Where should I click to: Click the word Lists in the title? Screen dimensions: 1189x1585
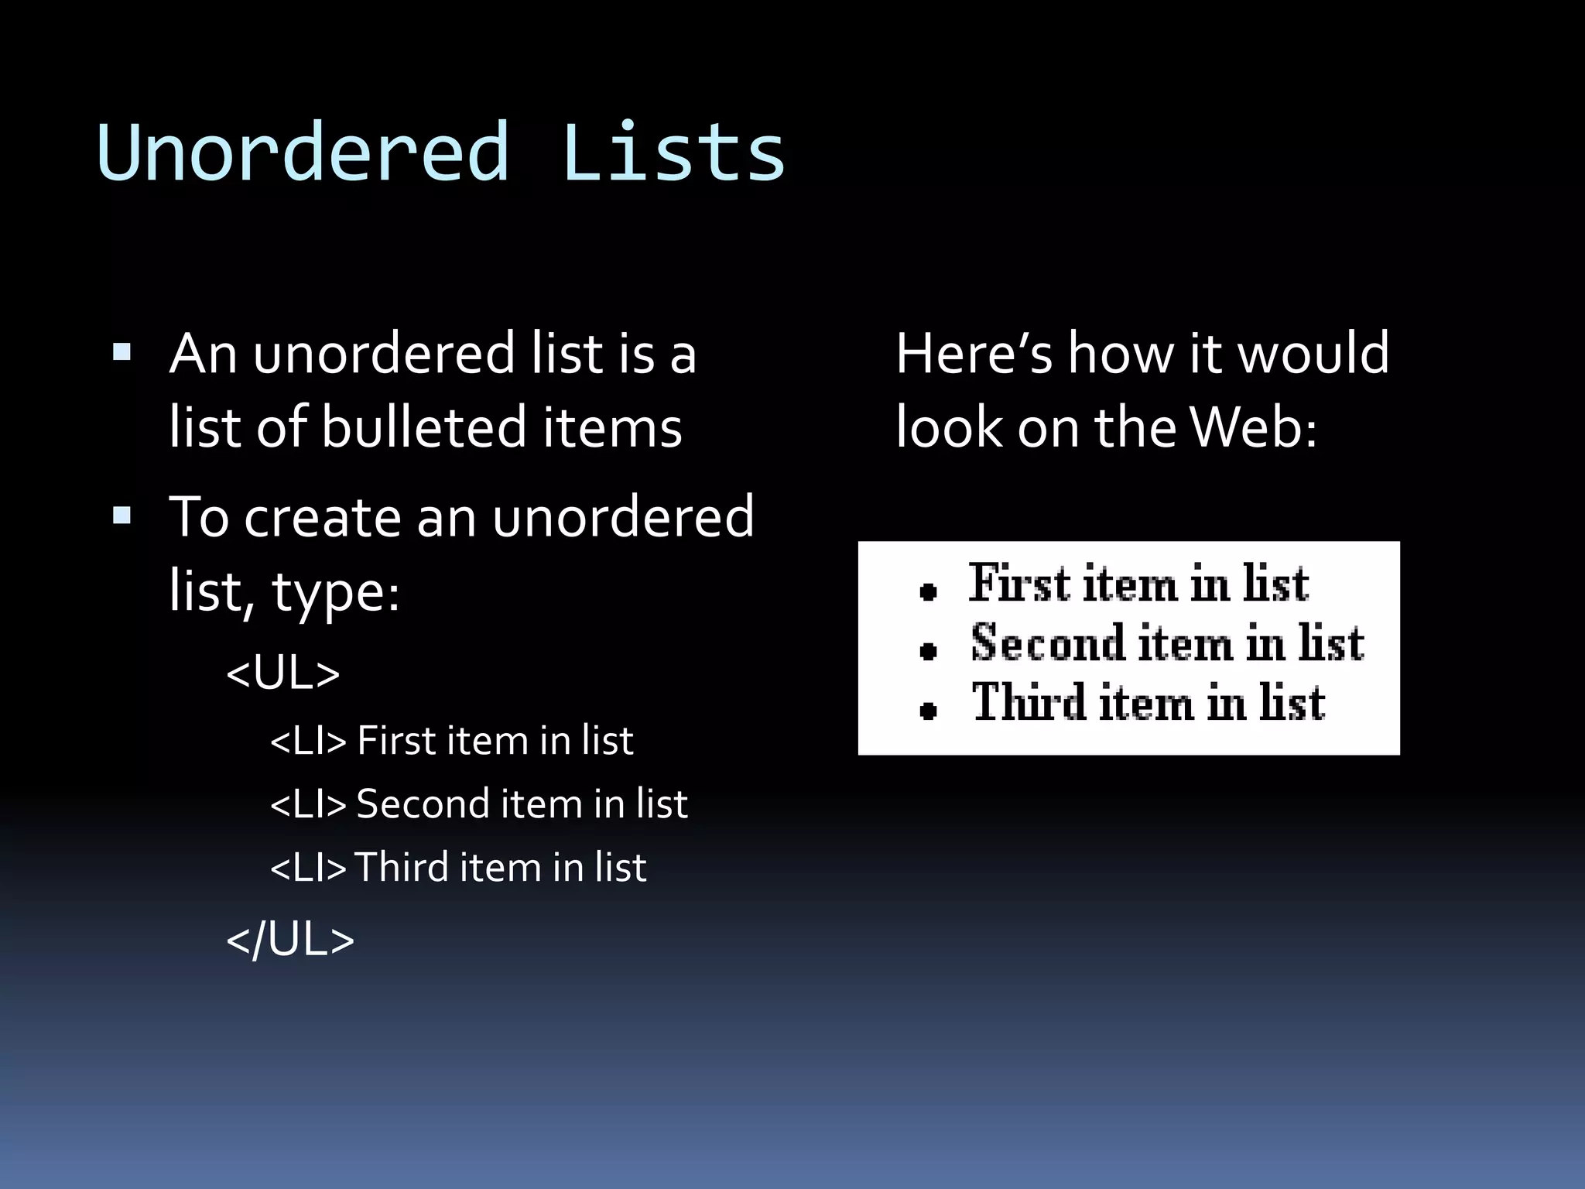click(x=673, y=152)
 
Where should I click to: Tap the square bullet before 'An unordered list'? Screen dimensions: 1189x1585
click(x=122, y=354)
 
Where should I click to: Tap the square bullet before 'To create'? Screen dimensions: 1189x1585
click(x=122, y=516)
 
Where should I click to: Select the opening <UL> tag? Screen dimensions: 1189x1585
click(x=282, y=673)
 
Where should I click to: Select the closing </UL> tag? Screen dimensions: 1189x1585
click(x=290, y=940)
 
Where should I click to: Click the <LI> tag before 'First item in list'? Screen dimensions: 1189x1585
click(x=308, y=741)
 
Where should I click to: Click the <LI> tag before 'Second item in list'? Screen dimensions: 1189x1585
click(x=308, y=804)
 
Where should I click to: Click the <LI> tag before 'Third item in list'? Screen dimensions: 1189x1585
click(x=308, y=868)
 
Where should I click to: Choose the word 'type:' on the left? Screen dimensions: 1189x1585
click(x=335, y=592)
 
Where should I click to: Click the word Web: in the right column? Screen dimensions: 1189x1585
click(x=1253, y=427)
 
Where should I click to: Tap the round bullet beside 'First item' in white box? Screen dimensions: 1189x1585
click(x=928, y=593)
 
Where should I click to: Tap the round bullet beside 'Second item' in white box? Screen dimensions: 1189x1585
click(x=928, y=651)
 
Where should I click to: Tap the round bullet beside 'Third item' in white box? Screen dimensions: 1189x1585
click(x=928, y=710)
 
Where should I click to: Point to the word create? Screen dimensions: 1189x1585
click(x=321, y=516)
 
